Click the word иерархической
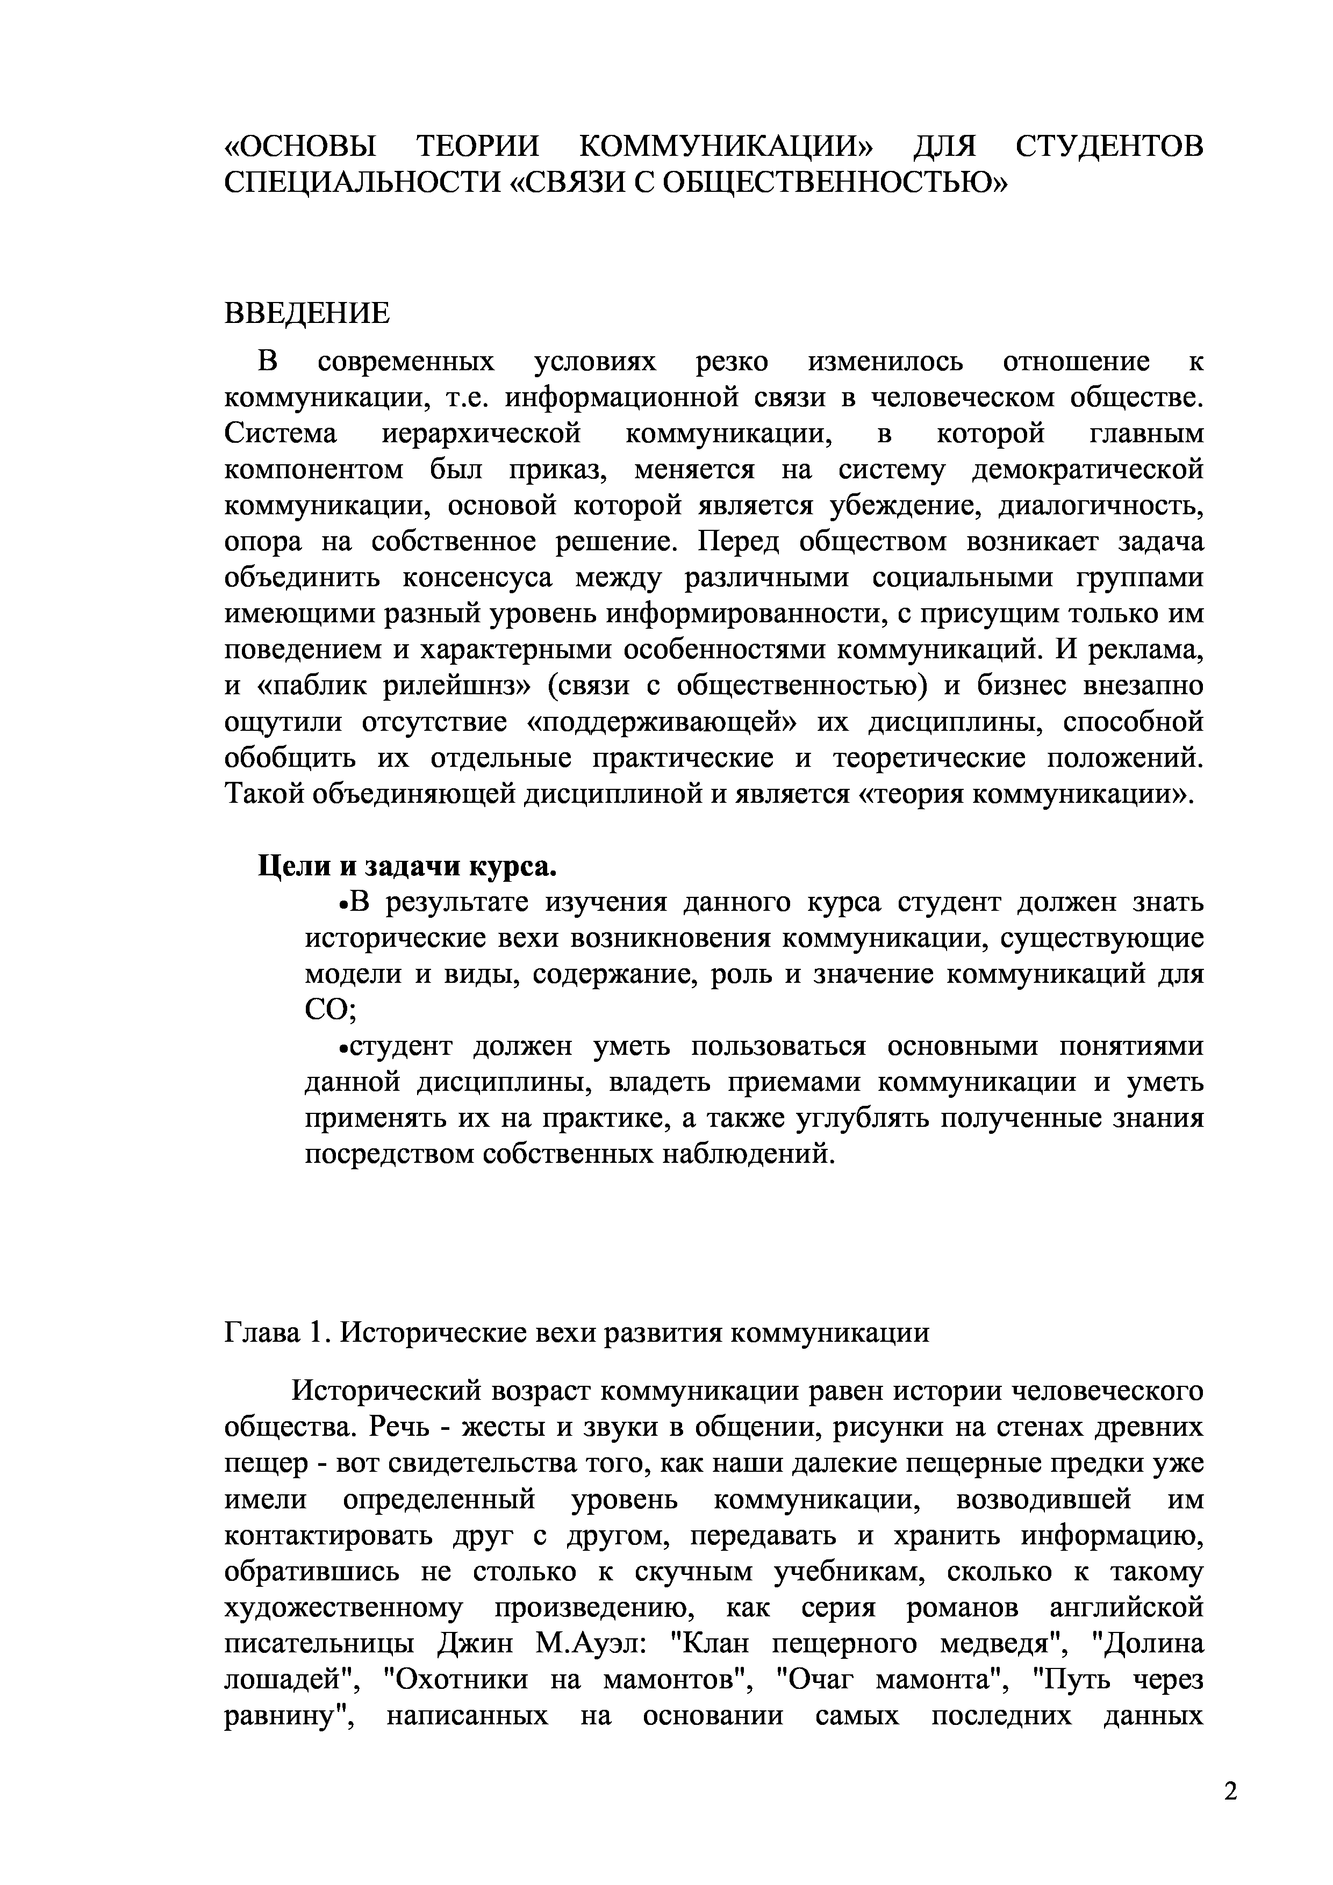click(482, 434)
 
